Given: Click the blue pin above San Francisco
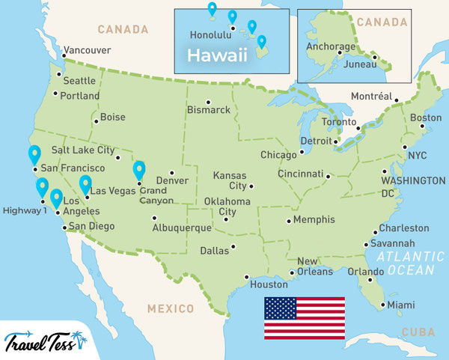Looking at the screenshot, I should click(34, 155).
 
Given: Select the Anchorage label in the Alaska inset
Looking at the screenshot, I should click(330, 46).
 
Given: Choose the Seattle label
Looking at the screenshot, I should click(79, 81).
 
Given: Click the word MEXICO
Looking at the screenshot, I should click(171, 308).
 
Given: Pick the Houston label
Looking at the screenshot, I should click(269, 285).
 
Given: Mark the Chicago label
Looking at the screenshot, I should click(278, 155).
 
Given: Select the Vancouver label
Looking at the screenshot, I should click(87, 51).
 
